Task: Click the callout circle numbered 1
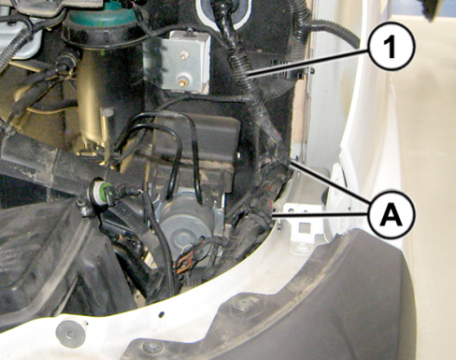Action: pyautogui.click(x=392, y=47)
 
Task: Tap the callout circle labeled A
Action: pyautogui.click(x=392, y=215)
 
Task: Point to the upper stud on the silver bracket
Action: pyautogui.click(x=185, y=55)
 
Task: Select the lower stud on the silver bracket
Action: pyautogui.click(x=181, y=81)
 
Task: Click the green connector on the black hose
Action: pyautogui.click(x=102, y=191)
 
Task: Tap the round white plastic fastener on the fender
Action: pyautogui.click(x=71, y=333)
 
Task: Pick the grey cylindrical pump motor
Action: pyautogui.click(x=188, y=217)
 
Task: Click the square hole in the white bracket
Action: pyautogui.click(x=303, y=228)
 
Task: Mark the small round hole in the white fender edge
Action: pyautogui.click(x=162, y=314)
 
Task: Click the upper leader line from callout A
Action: pyautogui.click(x=330, y=180)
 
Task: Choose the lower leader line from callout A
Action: pyautogui.click(x=321, y=213)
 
